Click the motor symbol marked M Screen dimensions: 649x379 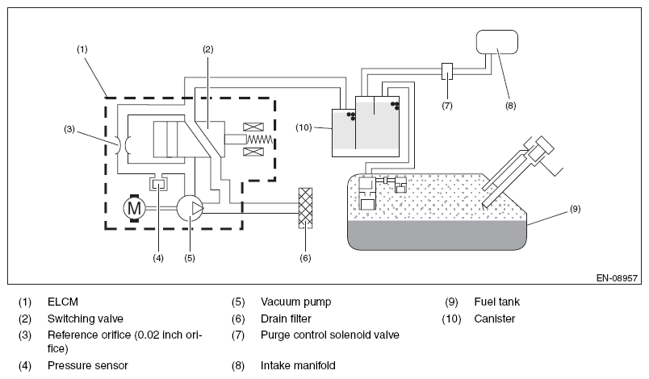pos(134,208)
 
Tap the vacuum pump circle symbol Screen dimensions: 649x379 pos(190,208)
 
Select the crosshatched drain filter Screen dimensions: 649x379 pos(305,208)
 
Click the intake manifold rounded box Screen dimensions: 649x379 pos(497,42)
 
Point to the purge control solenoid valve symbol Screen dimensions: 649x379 pos(447,71)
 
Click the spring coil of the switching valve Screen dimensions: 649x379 pos(259,140)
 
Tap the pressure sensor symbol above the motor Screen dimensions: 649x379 pos(158,184)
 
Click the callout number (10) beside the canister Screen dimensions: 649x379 pos(304,127)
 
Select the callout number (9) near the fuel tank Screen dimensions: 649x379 pos(576,209)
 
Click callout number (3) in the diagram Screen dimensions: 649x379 pos(69,129)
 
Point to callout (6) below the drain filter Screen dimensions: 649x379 pos(305,258)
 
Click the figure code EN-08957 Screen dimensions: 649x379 pos(617,278)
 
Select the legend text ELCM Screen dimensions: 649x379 pos(62,302)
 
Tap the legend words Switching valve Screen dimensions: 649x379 pos(86,319)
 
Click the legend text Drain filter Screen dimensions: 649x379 pos(286,319)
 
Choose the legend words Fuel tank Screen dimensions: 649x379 pos(496,302)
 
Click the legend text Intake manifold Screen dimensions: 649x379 pos(298,365)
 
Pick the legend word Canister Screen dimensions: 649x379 pos(495,319)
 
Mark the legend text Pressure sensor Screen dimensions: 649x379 pos(88,365)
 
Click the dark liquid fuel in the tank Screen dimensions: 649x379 pos(437,235)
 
